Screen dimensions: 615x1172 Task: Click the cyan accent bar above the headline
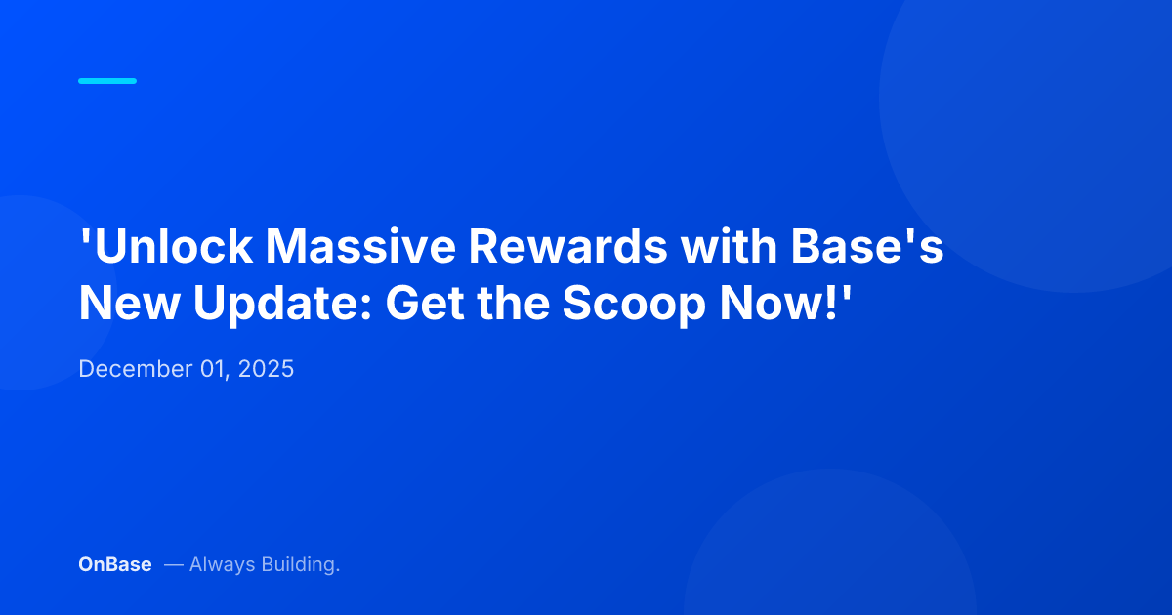(107, 81)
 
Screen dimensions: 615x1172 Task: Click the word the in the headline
(516, 305)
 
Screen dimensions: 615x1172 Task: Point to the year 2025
(267, 370)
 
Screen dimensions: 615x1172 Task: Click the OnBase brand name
(115, 564)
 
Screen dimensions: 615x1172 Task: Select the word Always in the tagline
(222, 564)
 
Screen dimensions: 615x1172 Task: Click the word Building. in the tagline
(300, 564)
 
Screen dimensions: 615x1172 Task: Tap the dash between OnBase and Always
(173, 564)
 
